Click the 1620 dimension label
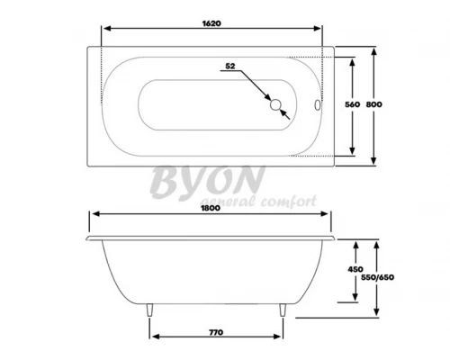click(x=211, y=23)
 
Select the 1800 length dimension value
click(x=211, y=208)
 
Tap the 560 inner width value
click(x=352, y=104)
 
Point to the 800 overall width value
click(x=374, y=104)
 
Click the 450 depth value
click(x=355, y=269)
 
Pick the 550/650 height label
click(x=377, y=277)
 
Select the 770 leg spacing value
click(x=216, y=332)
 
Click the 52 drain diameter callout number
click(x=230, y=66)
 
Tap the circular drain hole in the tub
click(x=275, y=105)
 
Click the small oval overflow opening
click(x=317, y=105)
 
